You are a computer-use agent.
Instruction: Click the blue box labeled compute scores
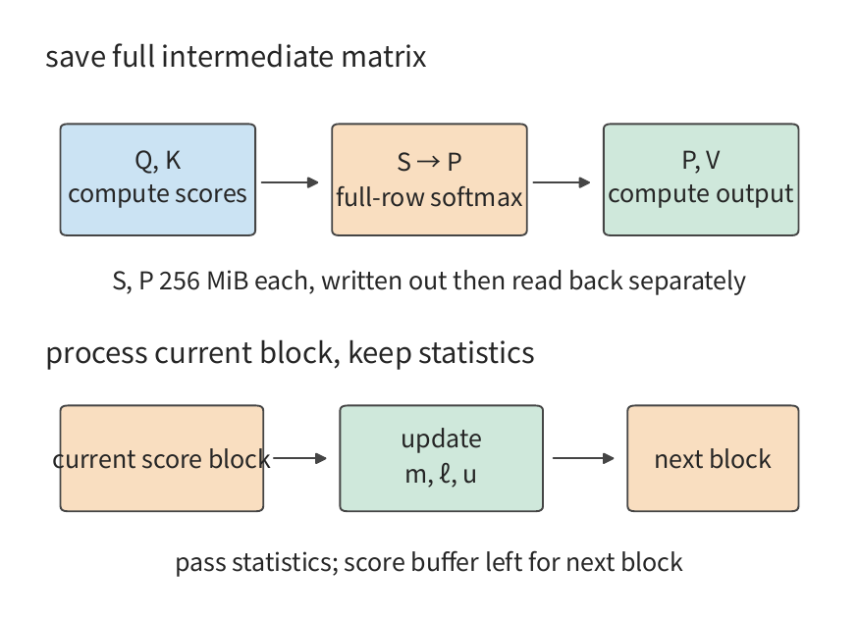[x=158, y=180]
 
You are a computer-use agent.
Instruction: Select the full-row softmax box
[x=430, y=180]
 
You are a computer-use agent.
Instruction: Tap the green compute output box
[x=701, y=180]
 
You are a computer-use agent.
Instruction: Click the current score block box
[x=162, y=458]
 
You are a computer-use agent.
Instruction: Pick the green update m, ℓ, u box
[x=442, y=458]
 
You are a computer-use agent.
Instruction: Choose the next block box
[x=714, y=458]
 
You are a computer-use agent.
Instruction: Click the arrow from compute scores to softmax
[x=290, y=181]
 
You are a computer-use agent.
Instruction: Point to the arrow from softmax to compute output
[x=562, y=181]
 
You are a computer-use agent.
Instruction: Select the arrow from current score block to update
[x=299, y=458]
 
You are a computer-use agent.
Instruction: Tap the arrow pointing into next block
[x=583, y=458]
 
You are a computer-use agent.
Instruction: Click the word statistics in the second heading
[x=476, y=352]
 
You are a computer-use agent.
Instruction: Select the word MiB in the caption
[x=228, y=281]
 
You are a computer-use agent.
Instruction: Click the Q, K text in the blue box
[x=158, y=160]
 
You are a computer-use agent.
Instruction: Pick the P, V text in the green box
[x=701, y=160]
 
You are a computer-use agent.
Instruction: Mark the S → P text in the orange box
[x=430, y=162]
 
